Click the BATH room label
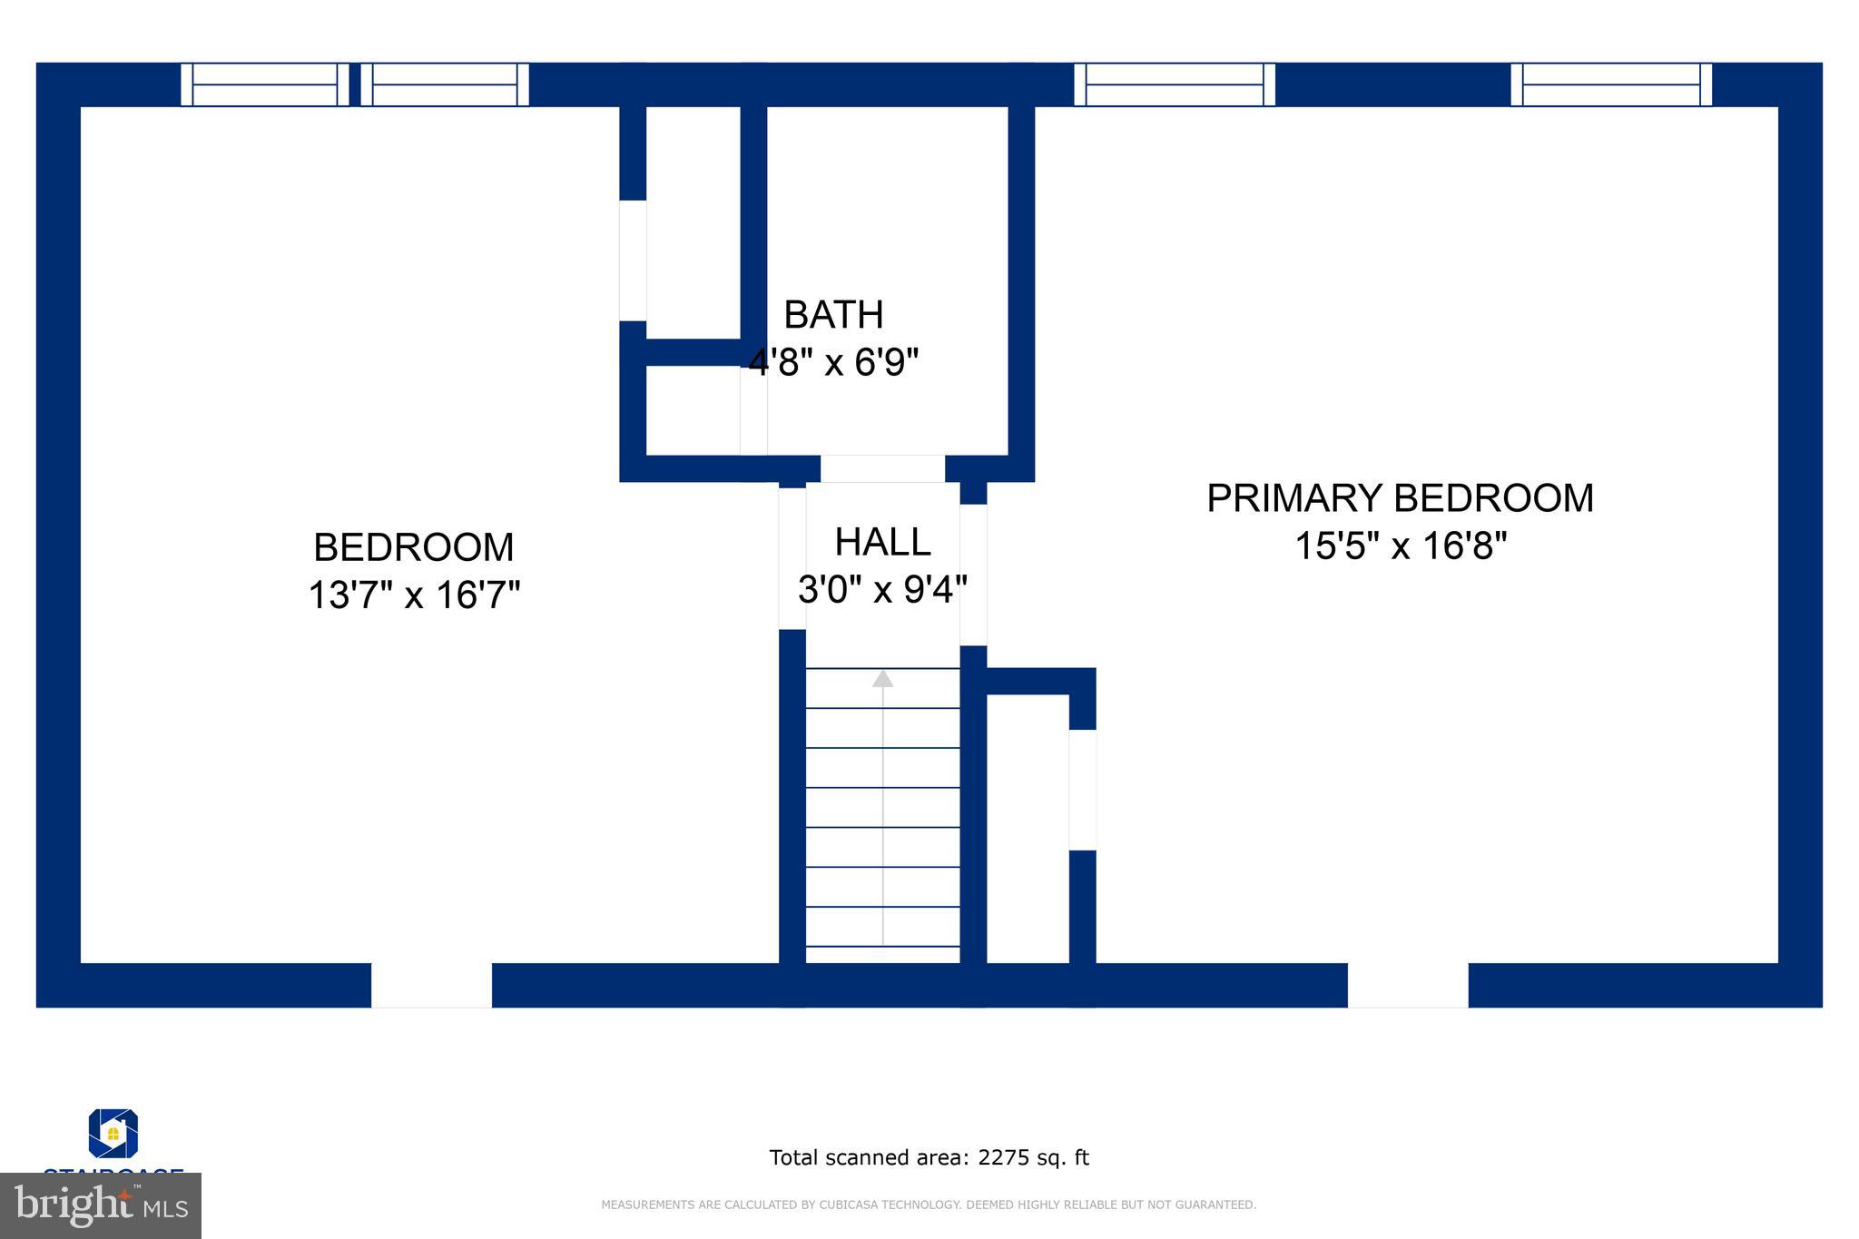point(832,315)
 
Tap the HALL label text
point(882,542)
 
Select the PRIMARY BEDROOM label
point(1400,498)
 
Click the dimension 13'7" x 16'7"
point(414,595)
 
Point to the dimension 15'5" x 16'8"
point(1400,546)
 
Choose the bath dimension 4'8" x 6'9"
point(833,362)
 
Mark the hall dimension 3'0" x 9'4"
point(882,590)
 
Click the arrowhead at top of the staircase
point(882,678)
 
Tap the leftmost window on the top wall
point(264,84)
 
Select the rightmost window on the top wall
point(1611,84)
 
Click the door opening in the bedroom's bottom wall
point(431,985)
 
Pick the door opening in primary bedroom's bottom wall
point(1407,985)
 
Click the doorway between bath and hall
point(882,468)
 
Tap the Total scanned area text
point(929,1157)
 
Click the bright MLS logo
point(100,1205)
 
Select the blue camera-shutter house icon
point(113,1133)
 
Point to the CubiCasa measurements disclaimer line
point(929,1205)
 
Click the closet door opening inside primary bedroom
point(1082,790)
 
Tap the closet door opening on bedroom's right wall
point(633,261)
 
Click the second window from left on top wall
point(445,84)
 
